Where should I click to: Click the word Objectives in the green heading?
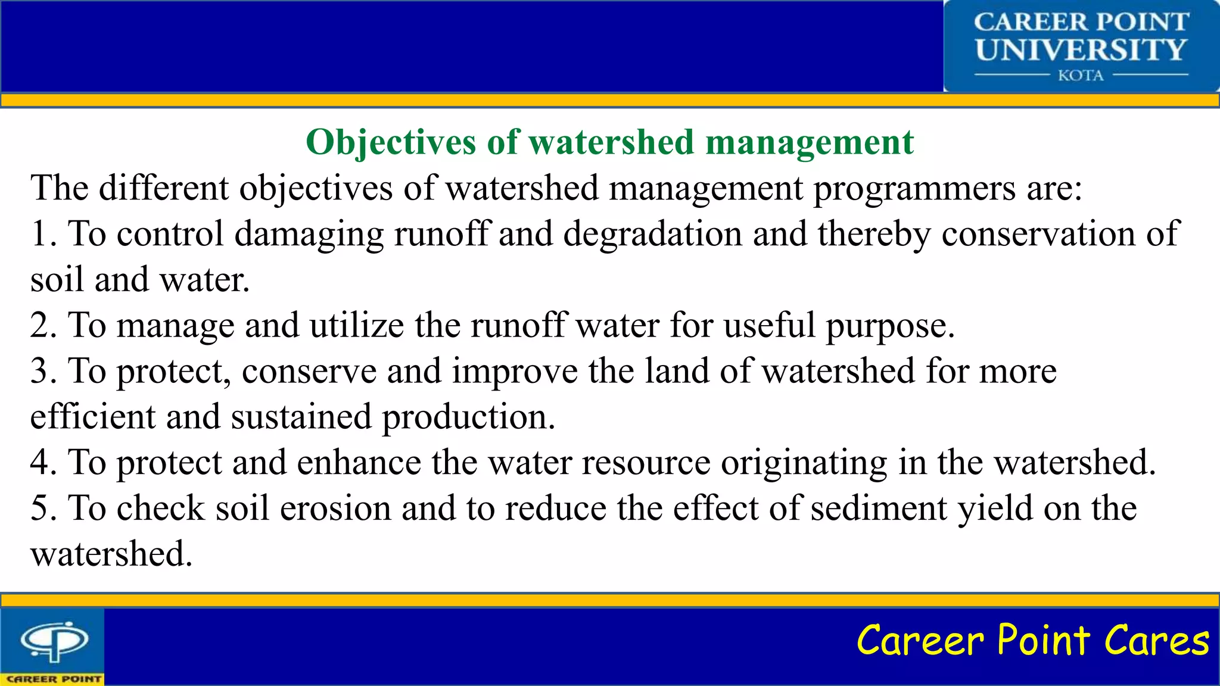391,143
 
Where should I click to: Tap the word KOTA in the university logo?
1081,76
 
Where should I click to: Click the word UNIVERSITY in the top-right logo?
1081,49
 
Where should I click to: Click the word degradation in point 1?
652,233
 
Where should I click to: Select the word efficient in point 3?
92,416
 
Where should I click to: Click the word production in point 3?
468,417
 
